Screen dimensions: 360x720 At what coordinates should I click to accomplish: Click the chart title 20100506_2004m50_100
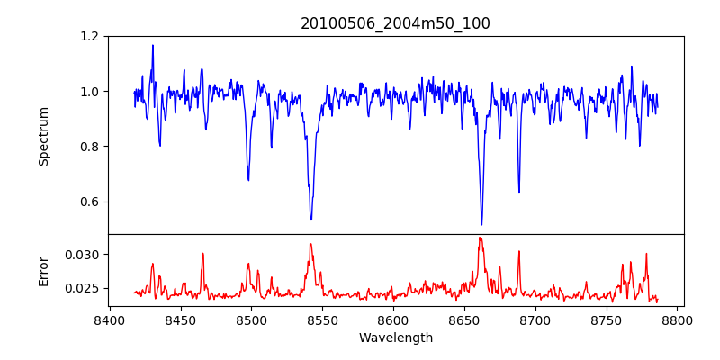click(x=395, y=23)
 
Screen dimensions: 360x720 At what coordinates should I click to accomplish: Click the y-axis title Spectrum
click(x=43, y=136)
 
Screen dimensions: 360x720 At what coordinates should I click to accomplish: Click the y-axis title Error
click(x=43, y=270)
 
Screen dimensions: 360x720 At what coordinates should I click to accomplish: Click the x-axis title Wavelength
click(x=395, y=338)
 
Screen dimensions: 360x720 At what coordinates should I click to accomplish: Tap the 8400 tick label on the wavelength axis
click(x=109, y=320)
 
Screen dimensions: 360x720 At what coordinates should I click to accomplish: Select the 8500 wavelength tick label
click(x=251, y=320)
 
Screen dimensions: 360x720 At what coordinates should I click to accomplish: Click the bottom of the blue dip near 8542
click(x=311, y=220)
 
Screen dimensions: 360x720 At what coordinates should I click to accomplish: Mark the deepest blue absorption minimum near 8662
click(x=481, y=224)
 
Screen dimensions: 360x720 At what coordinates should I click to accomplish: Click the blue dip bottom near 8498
click(x=248, y=180)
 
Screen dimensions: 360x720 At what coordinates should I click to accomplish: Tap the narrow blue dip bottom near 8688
click(x=519, y=193)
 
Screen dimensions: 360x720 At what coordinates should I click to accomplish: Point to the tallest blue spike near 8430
click(x=152, y=45)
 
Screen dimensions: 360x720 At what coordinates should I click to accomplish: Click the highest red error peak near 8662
click(x=480, y=238)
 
